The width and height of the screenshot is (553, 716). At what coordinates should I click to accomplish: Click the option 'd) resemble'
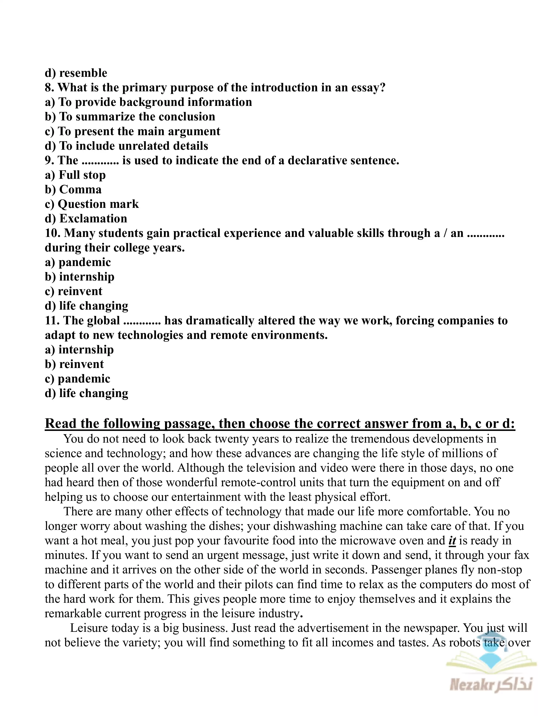[x=76, y=73]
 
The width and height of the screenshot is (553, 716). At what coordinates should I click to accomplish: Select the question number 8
[x=49, y=87]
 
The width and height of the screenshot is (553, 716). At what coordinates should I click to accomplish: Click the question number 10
[x=52, y=233]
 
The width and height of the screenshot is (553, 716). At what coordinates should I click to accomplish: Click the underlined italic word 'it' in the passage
[x=452, y=541]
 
